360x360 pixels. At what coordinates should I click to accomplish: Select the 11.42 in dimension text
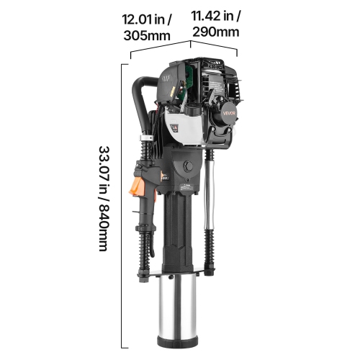(x=215, y=17)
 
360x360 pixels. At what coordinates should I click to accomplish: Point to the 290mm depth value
(x=214, y=32)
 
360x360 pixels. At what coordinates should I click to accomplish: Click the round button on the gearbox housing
(x=189, y=167)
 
